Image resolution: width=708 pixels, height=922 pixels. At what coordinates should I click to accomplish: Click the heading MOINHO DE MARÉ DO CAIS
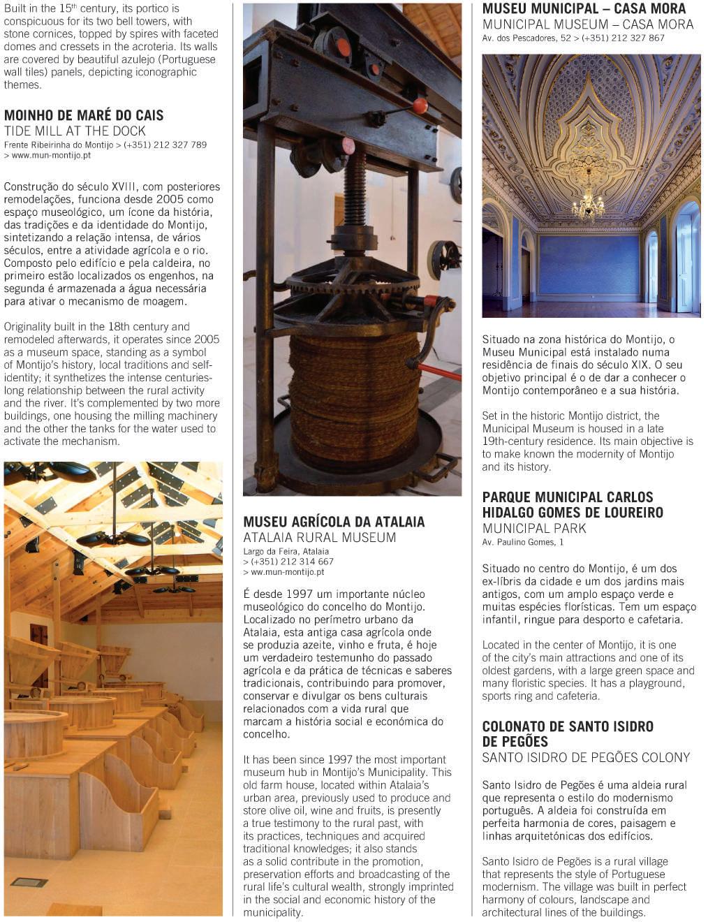[x=84, y=115]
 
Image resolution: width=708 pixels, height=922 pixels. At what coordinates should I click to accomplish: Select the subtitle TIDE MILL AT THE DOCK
[x=75, y=131]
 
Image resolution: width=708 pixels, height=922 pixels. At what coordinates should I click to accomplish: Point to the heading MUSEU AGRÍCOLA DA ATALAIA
[x=334, y=522]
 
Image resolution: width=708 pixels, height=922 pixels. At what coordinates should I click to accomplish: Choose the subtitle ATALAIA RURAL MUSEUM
[x=319, y=537]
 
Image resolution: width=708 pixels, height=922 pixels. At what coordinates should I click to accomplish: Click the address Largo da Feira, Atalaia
[x=286, y=551]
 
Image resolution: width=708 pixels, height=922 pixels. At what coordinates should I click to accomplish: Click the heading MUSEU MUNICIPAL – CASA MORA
[x=584, y=9]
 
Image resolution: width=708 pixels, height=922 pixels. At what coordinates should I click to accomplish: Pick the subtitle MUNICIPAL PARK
[x=534, y=528]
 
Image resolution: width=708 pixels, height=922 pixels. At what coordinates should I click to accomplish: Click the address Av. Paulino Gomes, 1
[x=522, y=542]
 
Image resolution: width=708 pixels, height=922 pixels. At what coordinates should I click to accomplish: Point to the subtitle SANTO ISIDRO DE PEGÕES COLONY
[x=586, y=757]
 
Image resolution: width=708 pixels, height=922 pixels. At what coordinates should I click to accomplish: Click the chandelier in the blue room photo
[x=589, y=203]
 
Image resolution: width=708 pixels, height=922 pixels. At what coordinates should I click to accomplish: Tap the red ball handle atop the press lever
[x=420, y=105]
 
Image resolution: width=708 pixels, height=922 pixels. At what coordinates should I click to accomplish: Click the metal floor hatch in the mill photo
[x=29, y=882]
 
